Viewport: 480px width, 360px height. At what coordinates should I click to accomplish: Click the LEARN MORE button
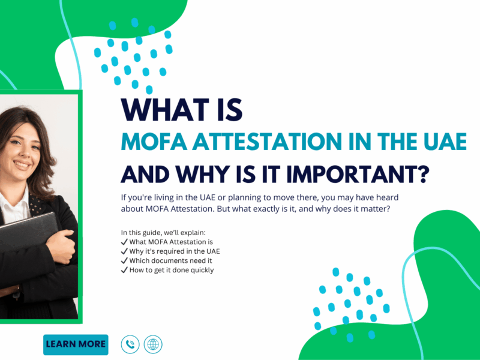coord(76,344)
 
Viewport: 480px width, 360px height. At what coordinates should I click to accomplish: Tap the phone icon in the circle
coord(130,344)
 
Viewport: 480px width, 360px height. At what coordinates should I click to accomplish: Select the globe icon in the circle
coord(153,344)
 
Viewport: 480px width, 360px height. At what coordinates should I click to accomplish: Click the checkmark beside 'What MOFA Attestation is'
coord(124,242)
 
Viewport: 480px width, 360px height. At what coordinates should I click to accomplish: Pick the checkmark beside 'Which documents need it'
coord(124,260)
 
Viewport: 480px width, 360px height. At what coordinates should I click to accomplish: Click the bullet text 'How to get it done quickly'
coord(172,270)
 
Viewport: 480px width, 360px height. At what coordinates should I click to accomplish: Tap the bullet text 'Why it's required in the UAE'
coord(175,251)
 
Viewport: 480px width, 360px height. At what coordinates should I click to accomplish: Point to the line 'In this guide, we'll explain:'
coord(163,233)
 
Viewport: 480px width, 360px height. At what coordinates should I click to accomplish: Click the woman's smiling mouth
coord(22,165)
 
